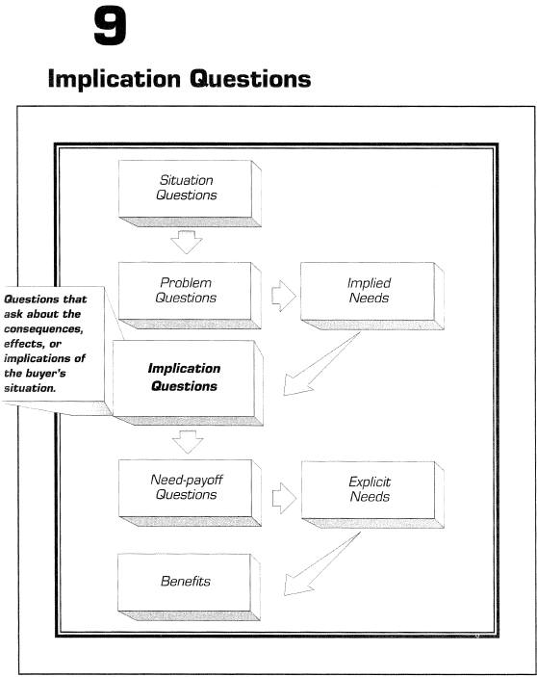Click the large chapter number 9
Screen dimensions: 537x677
coord(110,27)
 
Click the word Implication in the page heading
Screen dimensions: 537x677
coord(115,79)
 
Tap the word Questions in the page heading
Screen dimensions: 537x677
coord(250,79)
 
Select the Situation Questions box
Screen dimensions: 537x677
coord(190,194)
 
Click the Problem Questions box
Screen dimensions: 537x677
coord(190,296)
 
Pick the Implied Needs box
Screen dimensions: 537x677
coord(371,296)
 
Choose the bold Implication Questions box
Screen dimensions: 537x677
coord(188,382)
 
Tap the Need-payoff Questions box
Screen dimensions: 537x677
coord(190,493)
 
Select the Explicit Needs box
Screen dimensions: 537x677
coord(372,495)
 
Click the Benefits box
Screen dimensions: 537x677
coord(189,587)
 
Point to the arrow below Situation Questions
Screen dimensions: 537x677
coord(187,242)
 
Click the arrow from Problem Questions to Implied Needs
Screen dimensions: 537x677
coord(284,296)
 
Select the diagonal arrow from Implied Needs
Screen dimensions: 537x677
coord(320,365)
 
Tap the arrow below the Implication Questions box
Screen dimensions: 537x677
coord(188,442)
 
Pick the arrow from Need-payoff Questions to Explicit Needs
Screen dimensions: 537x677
coord(284,498)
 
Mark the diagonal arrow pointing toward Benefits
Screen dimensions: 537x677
coord(320,564)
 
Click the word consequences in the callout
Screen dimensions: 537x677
coord(43,329)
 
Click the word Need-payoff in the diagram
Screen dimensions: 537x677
coord(187,480)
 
